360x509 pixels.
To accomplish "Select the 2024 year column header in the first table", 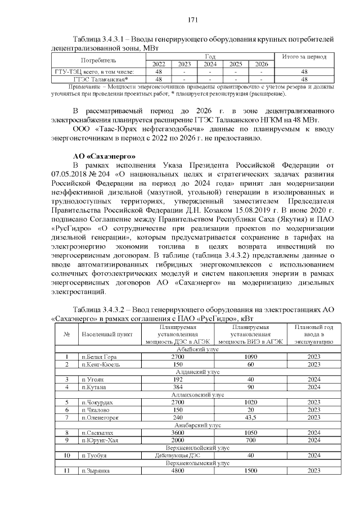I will (210, 64).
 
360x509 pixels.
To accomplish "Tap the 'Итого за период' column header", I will (304, 57).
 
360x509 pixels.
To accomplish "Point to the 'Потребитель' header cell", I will (99, 60).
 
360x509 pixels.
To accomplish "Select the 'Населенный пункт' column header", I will (107, 334).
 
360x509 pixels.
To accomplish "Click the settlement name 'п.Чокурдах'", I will (98, 403).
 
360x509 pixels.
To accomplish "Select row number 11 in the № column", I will (66, 471).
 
